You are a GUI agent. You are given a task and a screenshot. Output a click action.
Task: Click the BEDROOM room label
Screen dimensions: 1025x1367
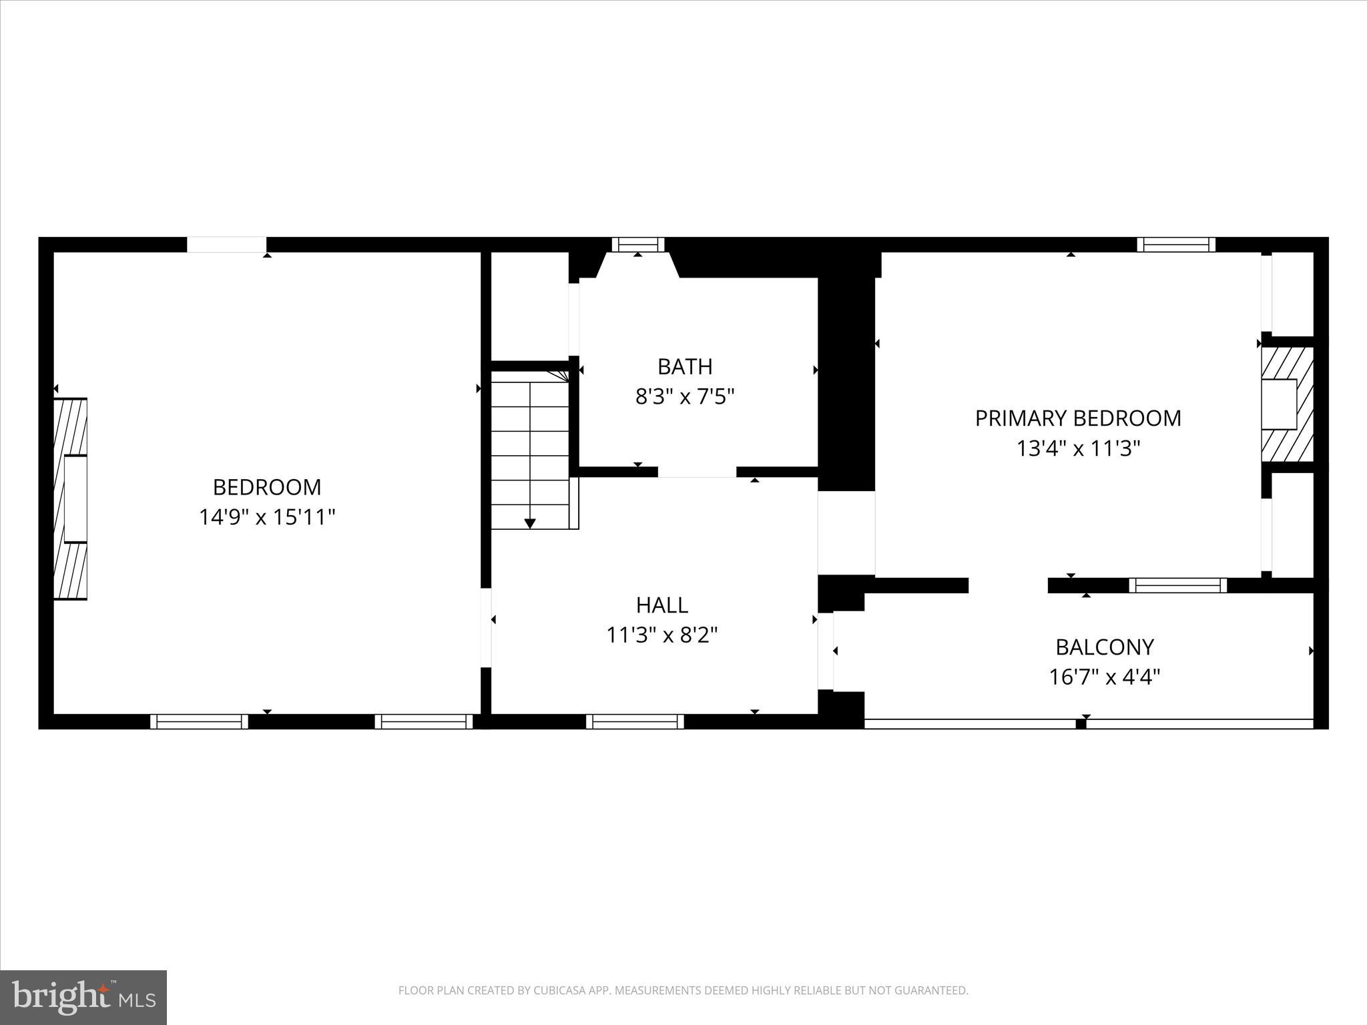(267, 487)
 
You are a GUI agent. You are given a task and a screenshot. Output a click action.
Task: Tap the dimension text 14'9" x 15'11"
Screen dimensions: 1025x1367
(267, 517)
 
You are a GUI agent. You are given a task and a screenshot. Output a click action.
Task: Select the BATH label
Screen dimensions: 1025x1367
(685, 367)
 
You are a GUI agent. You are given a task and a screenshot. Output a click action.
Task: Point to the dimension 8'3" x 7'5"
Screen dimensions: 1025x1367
(685, 397)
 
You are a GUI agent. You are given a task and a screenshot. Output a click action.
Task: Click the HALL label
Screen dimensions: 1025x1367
(661, 605)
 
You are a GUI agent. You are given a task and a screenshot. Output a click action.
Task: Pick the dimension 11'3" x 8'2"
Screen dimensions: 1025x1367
(661, 635)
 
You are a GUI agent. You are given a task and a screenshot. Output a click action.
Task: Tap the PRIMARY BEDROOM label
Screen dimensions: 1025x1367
(1078, 418)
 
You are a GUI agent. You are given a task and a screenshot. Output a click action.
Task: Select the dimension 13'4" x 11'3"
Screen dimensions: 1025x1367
(1078, 448)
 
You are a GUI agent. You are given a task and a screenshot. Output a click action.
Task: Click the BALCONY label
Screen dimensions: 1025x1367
(1104, 647)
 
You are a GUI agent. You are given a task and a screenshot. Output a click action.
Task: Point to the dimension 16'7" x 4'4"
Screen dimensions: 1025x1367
(1104, 677)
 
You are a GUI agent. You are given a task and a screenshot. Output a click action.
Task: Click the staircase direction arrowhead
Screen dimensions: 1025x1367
(530, 524)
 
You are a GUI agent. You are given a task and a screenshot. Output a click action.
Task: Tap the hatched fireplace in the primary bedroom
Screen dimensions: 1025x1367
(1287, 404)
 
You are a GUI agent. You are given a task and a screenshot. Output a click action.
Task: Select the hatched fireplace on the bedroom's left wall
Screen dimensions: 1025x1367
(71, 498)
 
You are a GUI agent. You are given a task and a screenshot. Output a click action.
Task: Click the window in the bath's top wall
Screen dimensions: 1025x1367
(638, 245)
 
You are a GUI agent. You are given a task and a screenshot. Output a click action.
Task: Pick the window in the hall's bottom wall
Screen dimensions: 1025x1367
(635, 721)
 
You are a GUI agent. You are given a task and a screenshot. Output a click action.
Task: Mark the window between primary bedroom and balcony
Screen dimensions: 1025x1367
(1178, 585)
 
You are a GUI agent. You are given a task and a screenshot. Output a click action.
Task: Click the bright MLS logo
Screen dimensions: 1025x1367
(83, 997)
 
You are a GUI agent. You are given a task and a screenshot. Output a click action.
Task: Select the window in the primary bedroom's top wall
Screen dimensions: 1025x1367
(1176, 245)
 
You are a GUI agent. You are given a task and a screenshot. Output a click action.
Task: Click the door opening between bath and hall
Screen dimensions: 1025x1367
(697, 472)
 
